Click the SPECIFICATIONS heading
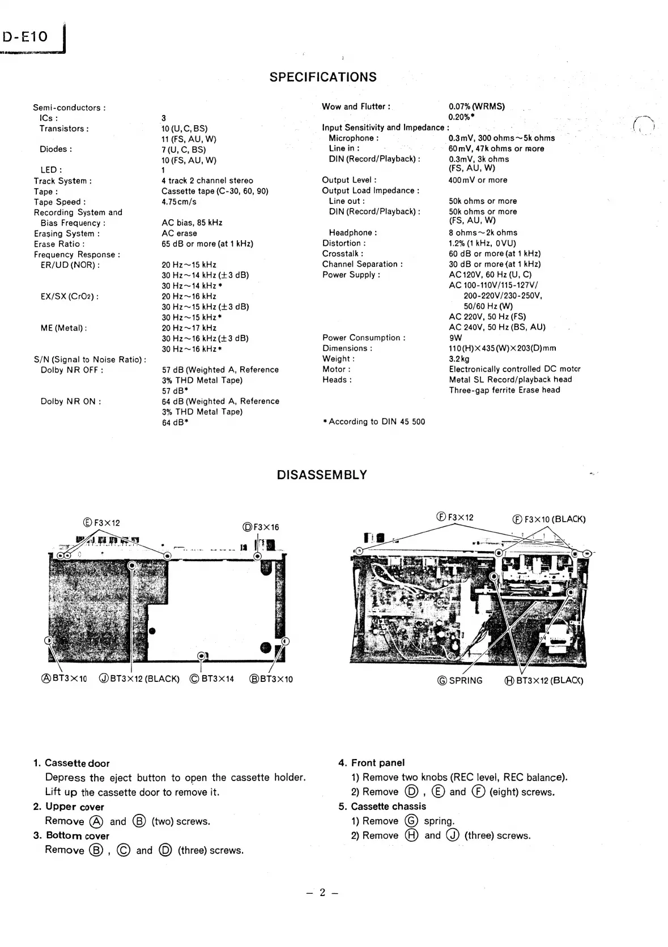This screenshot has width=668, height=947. (322, 77)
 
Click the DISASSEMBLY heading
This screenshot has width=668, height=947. (322, 475)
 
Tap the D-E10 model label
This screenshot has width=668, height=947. (26, 37)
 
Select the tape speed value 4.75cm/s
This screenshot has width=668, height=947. (179, 202)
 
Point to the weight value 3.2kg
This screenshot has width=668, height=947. (459, 359)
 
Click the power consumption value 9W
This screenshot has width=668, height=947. (456, 338)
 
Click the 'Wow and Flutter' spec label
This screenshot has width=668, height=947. (356, 106)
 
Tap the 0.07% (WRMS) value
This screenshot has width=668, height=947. (476, 106)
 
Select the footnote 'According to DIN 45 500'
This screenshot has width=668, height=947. (374, 421)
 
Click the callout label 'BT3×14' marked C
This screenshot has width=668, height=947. (211, 679)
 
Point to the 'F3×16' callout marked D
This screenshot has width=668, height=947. (261, 527)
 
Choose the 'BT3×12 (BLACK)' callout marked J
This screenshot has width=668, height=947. (139, 679)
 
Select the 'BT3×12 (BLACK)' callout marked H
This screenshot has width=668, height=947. (543, 680)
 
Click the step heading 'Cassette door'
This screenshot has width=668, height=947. (77, 763)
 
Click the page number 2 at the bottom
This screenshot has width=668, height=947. (322, 893)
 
